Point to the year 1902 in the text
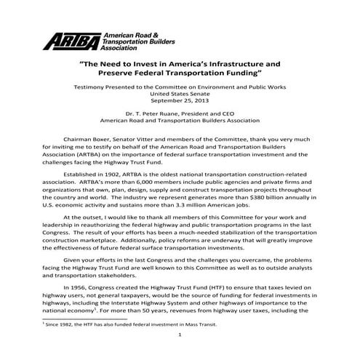(x=120, y=175)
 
